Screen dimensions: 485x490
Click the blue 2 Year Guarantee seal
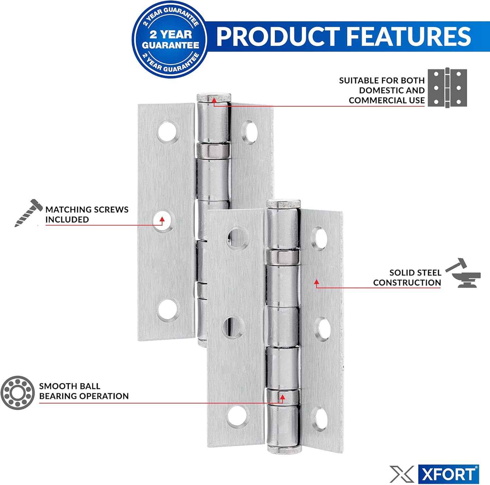[170, 40]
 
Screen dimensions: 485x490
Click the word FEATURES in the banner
[408, 36]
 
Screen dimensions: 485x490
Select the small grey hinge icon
[447, 88]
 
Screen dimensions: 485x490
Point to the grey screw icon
[29, 213]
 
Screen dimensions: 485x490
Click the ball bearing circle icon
[17, 392]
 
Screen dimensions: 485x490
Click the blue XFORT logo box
[449, 474]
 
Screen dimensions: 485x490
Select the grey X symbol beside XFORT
[401, 474]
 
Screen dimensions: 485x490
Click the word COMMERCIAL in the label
[378, 100]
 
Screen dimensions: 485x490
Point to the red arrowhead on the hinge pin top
[214, 100]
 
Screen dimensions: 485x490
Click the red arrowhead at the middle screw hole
[162, 219]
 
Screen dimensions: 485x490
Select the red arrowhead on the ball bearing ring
[283, 397]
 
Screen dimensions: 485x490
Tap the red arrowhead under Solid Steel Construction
[316, 282]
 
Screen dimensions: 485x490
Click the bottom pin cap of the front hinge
[284, 449]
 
